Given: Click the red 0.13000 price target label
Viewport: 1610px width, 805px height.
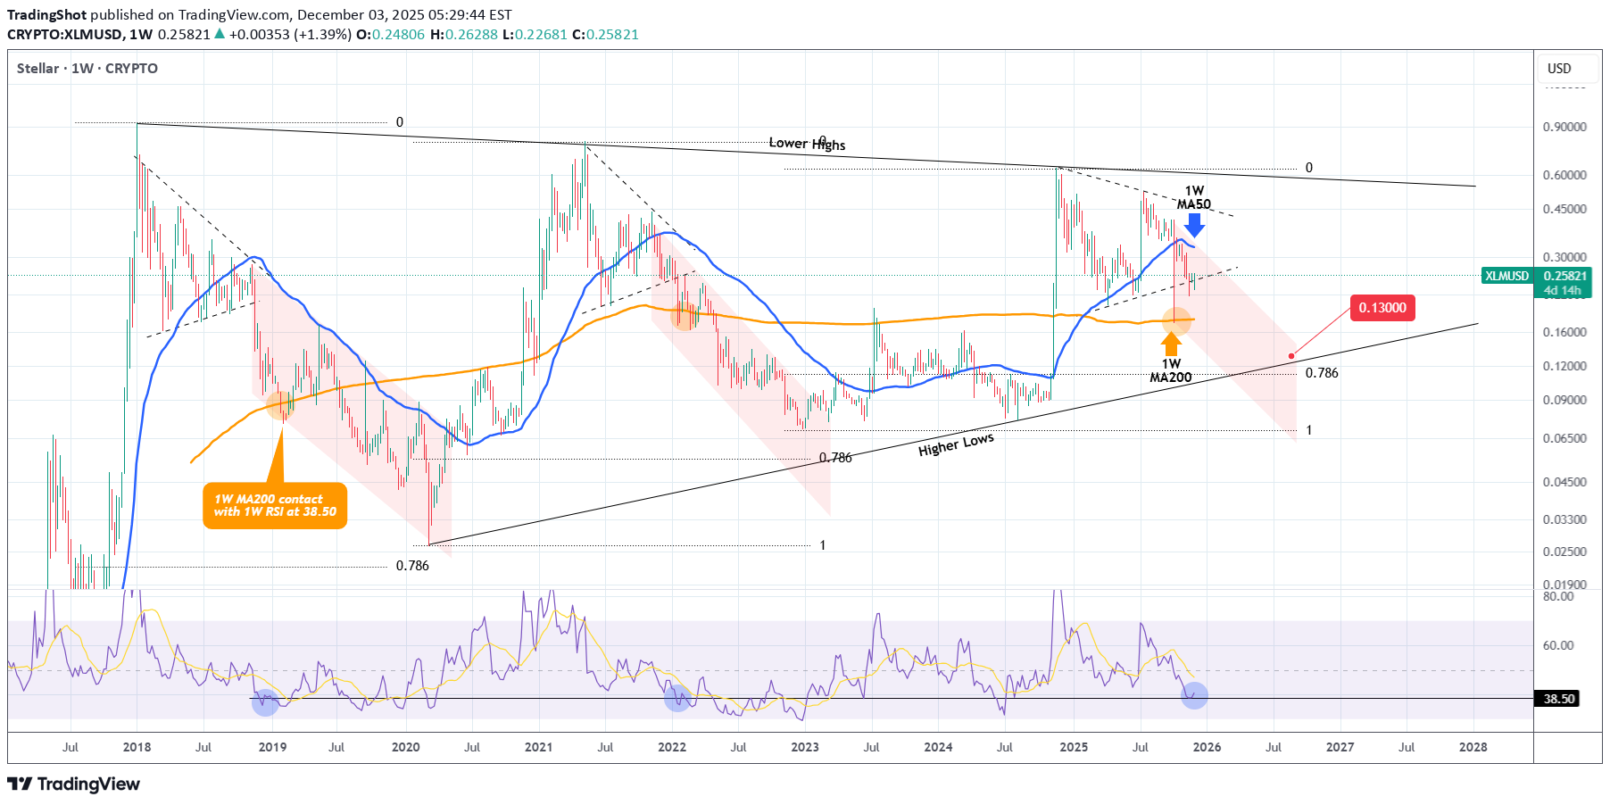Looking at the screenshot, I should pyautogui.click(x=1382, y=308).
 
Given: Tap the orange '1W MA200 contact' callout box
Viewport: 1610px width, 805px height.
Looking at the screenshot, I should pyautogui.click(x=275, y=506).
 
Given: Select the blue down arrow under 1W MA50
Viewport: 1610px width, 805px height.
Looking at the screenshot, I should pyautogui.click(x=1193, y=224).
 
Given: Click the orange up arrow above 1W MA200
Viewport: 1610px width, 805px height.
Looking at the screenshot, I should pyautogui.click(x=1172, y=344).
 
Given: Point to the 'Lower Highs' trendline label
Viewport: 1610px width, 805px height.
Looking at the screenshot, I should pyautogui.click(x=807, y=144).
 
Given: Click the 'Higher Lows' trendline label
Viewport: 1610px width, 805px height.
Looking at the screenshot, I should pyautogui.click(x=956, y=444).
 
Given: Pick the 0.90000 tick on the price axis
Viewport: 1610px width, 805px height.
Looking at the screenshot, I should pyautogui.click(x=1564, y=127).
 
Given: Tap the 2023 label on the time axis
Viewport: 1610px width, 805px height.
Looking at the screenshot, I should pyautogui.click(x=804, y=747).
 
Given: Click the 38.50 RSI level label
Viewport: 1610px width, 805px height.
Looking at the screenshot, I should pyautogui.click(x=1559, y=699).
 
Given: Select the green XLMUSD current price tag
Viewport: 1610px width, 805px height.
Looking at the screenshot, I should pyautogui.click(x=1536, y=277).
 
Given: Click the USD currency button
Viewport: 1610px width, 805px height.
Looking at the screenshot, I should pyautogui.click(x=1559, y=69).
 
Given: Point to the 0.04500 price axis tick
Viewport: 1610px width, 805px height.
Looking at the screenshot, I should pyautogui.click(x=1564, y=482).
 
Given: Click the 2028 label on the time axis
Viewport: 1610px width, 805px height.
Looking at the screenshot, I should pyautogui.click(x=1473, y=747).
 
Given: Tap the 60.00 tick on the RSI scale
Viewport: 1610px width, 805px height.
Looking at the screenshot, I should pyautogui.click(x=1559, y=645).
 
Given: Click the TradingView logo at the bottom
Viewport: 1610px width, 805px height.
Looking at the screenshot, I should pyautogui.click(x=74, y=784).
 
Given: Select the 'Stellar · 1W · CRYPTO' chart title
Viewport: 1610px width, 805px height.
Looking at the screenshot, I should pyautogui.click(x=87, y=69).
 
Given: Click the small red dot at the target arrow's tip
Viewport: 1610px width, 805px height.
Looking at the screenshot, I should pyautogui.click(x=1291, y=356).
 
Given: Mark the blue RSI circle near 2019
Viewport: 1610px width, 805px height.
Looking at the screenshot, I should pyautogui.click(x=265, y=702).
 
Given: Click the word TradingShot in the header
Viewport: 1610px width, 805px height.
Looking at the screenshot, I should pyautogui.click(x=47, y=15).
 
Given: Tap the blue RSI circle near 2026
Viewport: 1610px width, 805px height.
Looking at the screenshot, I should pyautogui.click(x=1194, y=695).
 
